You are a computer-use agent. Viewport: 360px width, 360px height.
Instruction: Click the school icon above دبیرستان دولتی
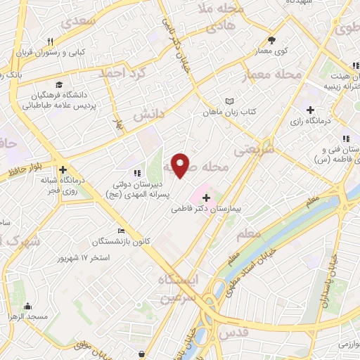136,172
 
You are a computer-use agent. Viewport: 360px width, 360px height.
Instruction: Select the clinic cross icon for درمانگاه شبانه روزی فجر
63,169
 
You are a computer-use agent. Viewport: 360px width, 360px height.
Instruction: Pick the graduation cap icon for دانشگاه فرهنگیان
56,84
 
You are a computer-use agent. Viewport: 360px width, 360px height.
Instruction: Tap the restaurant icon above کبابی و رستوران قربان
50,41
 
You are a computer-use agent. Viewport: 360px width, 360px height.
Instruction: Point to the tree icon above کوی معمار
272,40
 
